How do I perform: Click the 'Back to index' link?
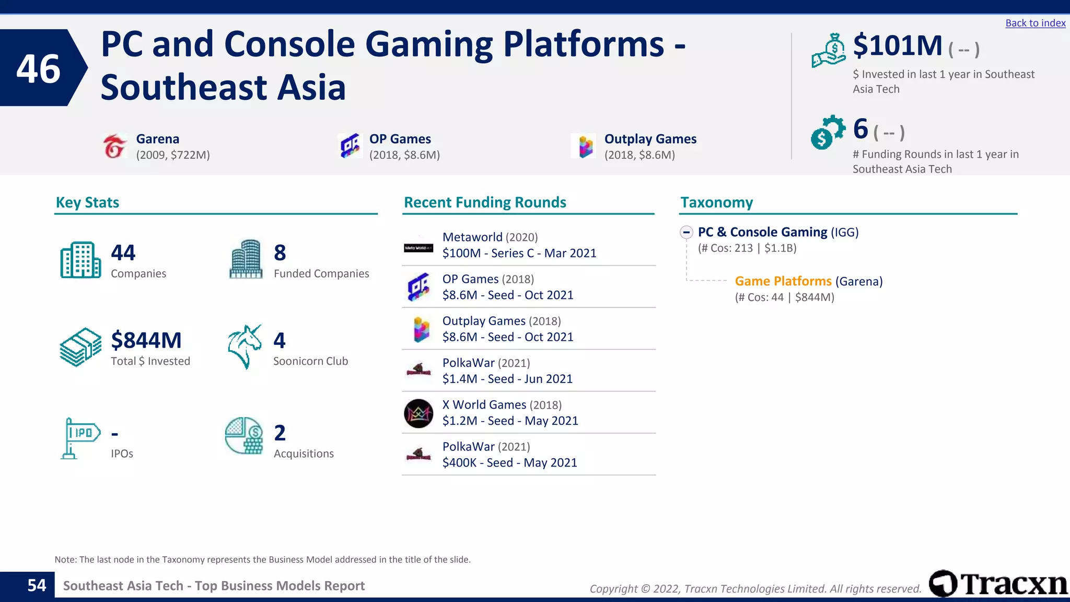point(1035,23)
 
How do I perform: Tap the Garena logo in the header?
point(114,146)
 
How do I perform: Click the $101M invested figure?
point(897,45)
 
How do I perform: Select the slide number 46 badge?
point(39,68)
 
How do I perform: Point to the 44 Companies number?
point(123,253)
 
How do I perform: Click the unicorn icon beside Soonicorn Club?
point(245,346)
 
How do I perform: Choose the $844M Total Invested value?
point(146,341)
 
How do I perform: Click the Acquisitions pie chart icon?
point(244,436)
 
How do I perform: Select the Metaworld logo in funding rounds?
point(418,248)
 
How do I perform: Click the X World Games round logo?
point(418,413)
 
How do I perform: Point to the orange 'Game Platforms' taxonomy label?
point(783,281)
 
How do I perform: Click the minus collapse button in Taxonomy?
point(687,232)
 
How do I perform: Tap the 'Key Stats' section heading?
point(87,203)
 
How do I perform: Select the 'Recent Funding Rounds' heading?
point(485,203)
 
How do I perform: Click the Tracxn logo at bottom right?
point(998,584)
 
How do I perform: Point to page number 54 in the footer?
point(37,586)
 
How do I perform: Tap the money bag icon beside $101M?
point(829,51)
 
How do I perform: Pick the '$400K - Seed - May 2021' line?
point(509,463)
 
